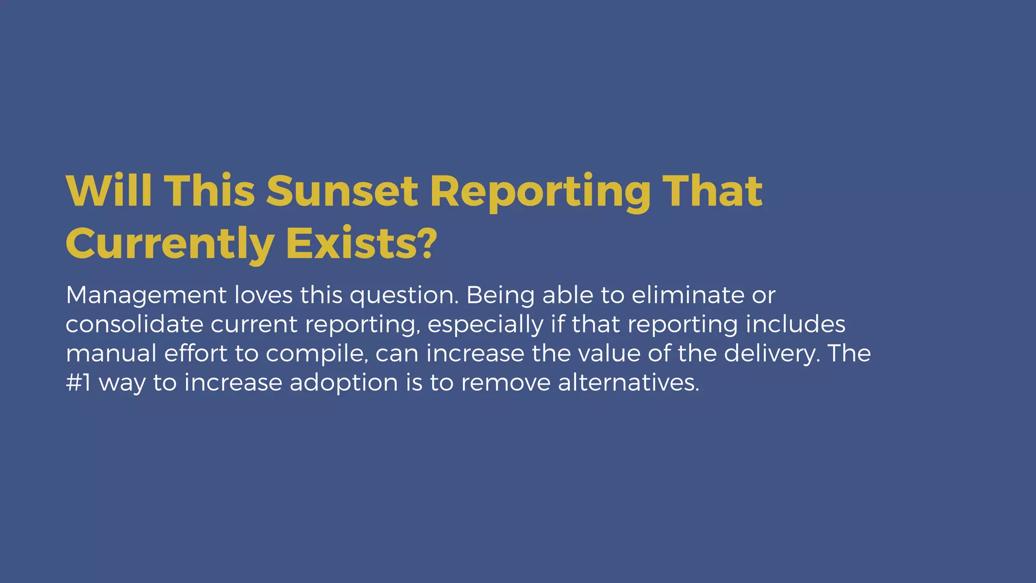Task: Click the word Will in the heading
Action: pyautogui.click(x=109, y=191)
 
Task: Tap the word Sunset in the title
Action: pyautogui.click(x=342, y=191)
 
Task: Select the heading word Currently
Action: pyautogui.click(x=169, y=244)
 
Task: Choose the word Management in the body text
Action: pyautogui.click(x=146, y=295)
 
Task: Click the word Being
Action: pyautogui.click(x=500, y=296)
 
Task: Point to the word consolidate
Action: pyautogui.click(x=134, y=324)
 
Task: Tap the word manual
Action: pyautogui.click(x=111, y=353)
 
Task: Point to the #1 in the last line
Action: pyautogui.click(x=78, y=383)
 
